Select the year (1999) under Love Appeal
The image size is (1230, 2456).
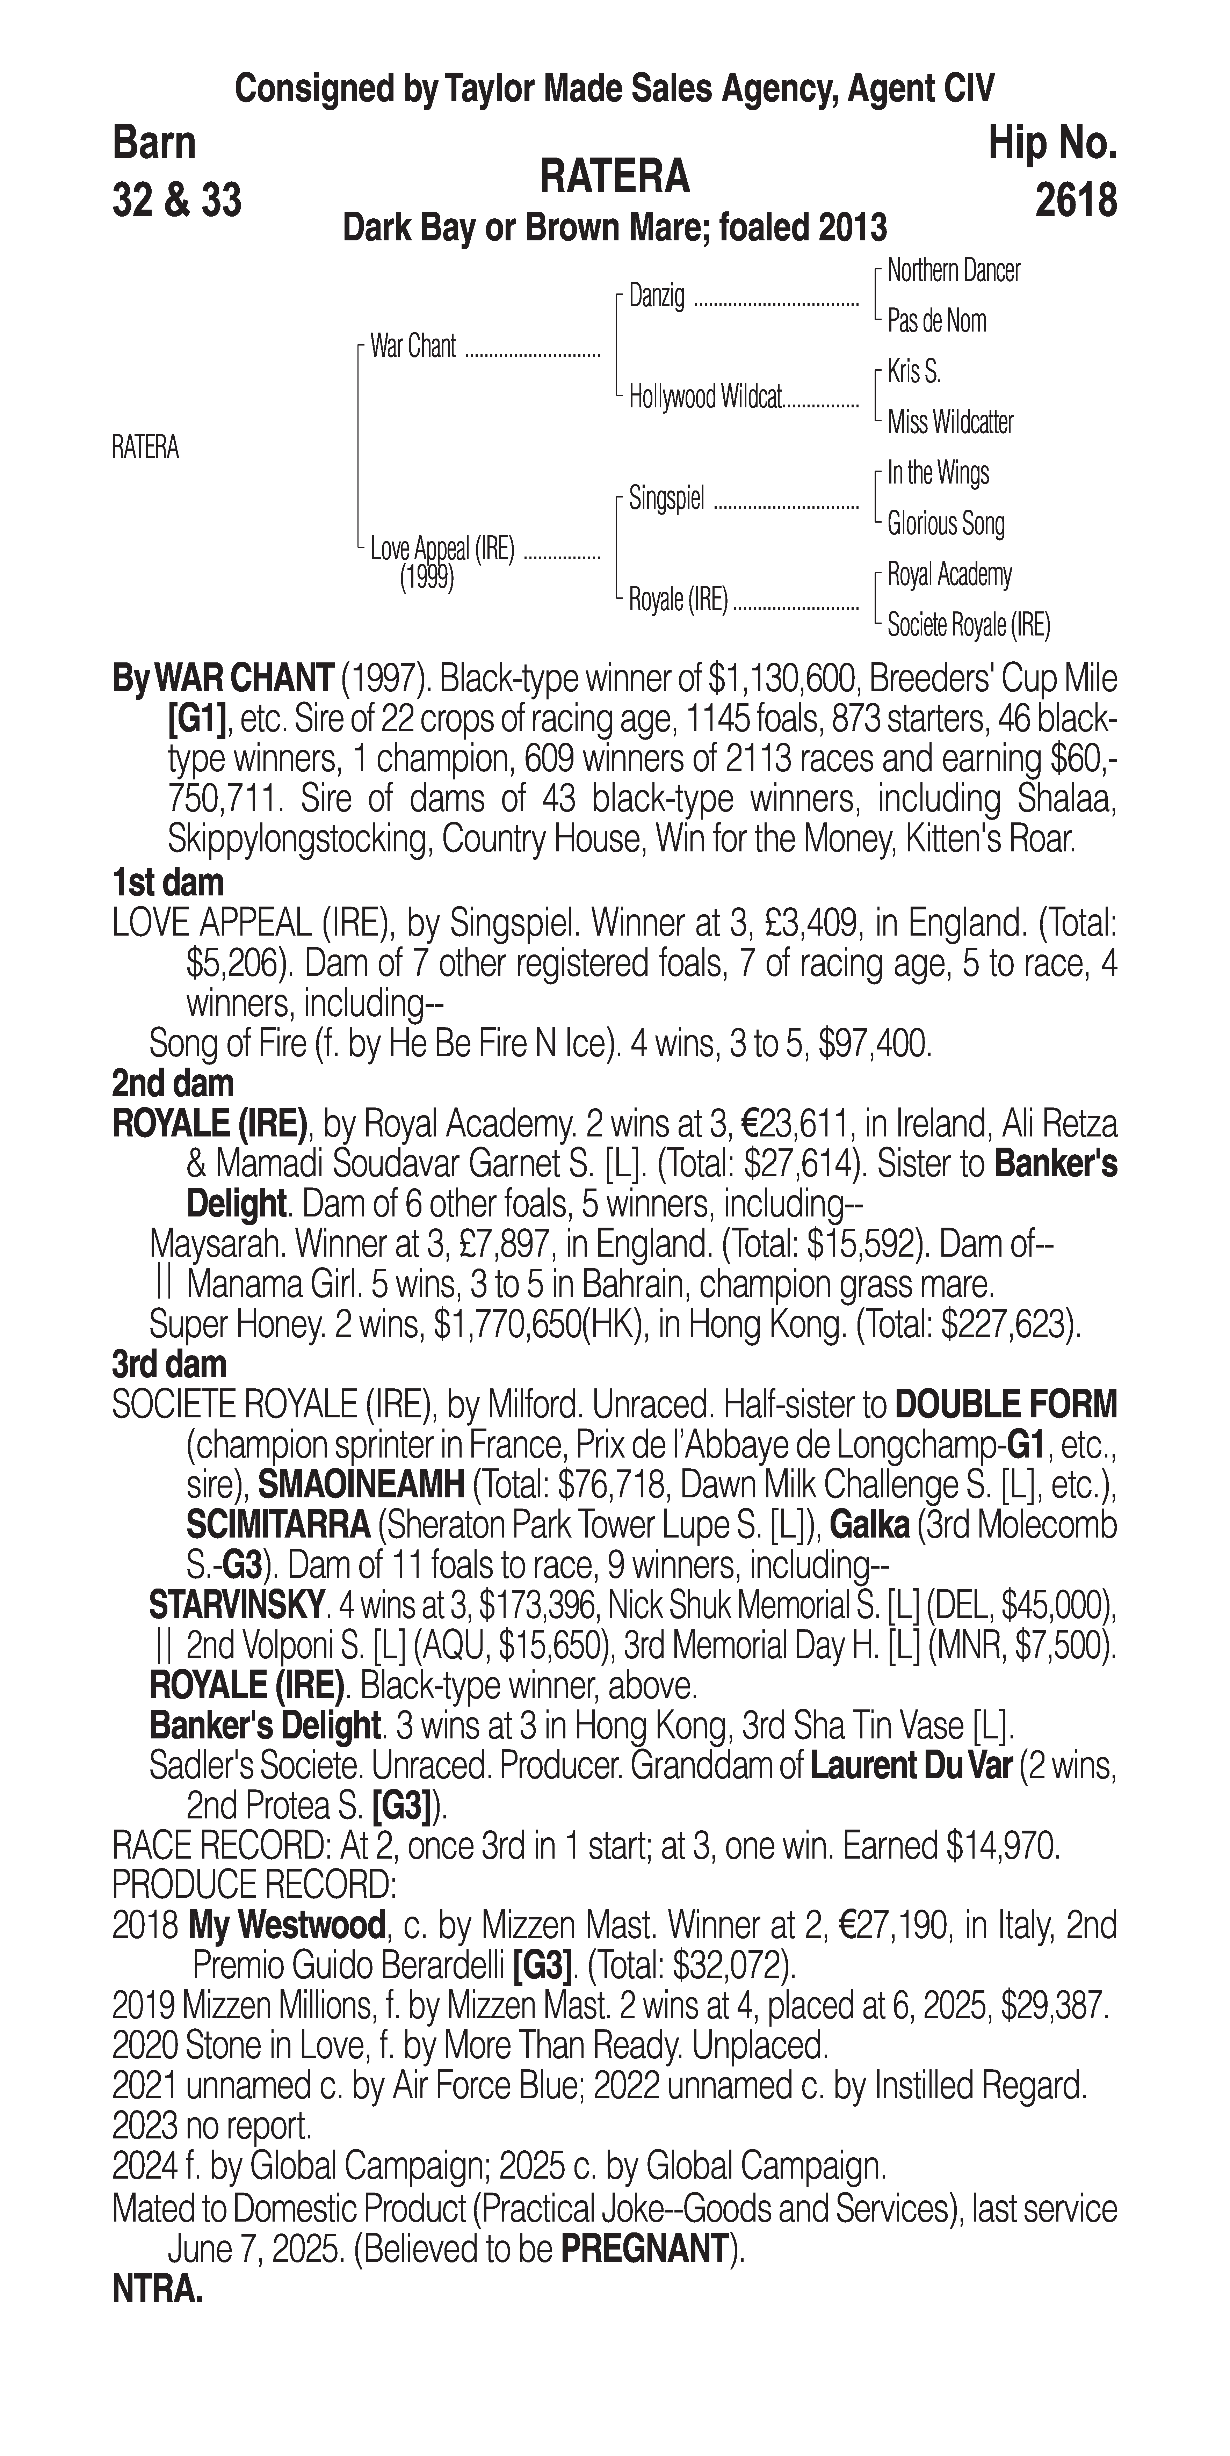coord(426,578)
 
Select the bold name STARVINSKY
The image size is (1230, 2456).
coord(237,1606)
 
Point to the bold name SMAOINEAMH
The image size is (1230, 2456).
coord(361,1484)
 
